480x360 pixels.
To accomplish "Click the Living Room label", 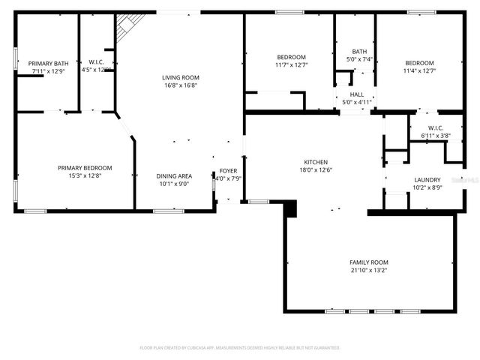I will click(x=180, y=77).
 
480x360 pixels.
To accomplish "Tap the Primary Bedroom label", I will click(x=85, y=168).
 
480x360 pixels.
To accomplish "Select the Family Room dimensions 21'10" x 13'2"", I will click(x=369, y=271).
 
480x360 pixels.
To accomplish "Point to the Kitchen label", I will click(x=315, y=162).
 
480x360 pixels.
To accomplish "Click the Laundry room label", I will click(x=427, y=180).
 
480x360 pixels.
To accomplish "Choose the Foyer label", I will click(x=227, y=171).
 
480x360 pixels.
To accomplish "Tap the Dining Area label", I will click(x=174, y=176).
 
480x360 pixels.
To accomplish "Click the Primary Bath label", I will click(x=49, y=64).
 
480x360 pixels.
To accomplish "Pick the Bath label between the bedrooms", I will click(x=359, y=51).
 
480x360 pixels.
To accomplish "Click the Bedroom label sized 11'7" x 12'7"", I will click(x=291, y=58).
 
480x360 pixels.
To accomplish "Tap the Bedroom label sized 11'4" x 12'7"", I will click(x=419, y=63).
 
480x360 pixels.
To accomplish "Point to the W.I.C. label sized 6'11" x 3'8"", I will click(x=436, y=128).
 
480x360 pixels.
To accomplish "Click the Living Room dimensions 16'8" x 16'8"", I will click(x=180, y=85).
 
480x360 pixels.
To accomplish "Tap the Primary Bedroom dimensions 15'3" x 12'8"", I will click(x=85, y=176).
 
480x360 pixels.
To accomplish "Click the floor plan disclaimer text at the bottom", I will click(x=240, y=348).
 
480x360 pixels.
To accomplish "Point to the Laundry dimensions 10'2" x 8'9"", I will click(x=427, y=188).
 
